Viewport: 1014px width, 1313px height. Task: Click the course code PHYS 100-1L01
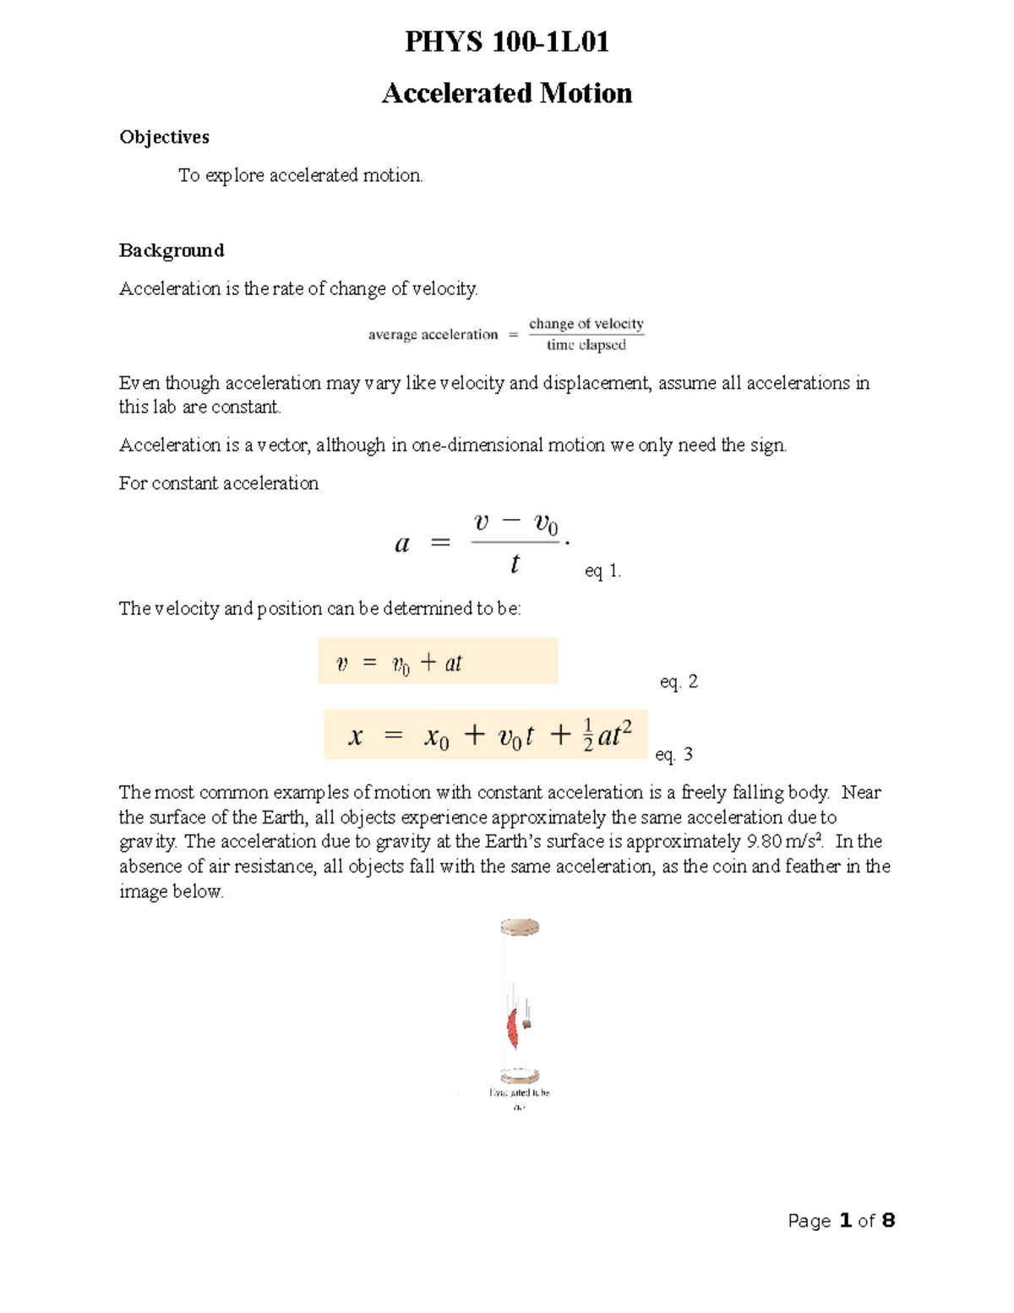tap(507, 41)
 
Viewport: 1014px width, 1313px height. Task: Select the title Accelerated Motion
tap(507, 93)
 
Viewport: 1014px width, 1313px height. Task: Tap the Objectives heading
tap(164, 137)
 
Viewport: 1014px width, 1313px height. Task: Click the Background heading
tap(172, 250)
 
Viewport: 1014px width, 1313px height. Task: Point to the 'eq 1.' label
tap(602, 572)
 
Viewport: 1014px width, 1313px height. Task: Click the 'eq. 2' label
tap(679, 681)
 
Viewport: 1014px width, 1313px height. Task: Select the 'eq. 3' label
tap(673, 754)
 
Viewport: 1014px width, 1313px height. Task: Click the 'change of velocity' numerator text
tap(586, 324)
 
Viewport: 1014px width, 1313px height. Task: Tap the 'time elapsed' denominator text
tap(586, 345)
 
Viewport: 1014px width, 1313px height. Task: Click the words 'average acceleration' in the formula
tap(433, 335)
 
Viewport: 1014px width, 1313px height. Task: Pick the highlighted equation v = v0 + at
tap(438, 662)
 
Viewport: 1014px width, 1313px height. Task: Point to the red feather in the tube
tap(512, 1028)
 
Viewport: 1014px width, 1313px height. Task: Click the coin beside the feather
tap(526, 1024)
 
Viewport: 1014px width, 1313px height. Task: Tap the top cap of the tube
tap(520, 927)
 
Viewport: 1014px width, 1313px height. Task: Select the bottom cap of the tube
tap(520, 1075)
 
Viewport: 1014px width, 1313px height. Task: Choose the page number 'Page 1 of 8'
tap(841, 1220)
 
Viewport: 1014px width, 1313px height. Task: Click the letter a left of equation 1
tap(402, 544)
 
